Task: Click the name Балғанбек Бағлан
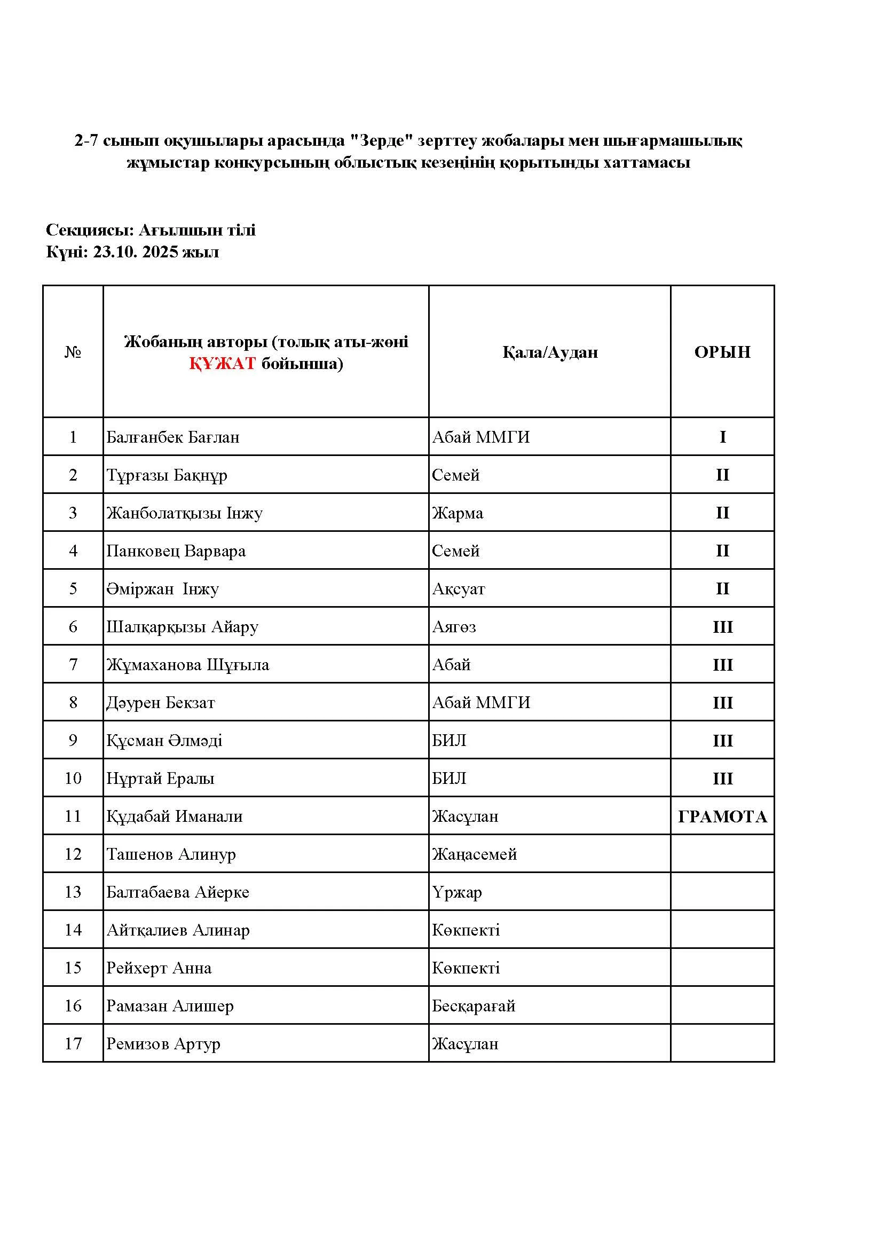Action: pos(172,437)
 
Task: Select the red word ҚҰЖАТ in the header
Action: pos(223,364)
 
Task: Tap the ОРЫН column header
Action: pos(722,352)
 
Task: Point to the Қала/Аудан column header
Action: pos(550,352)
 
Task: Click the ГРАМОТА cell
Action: pos(722,816)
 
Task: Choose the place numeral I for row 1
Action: pos(723,437)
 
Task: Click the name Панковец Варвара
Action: pos(176,551)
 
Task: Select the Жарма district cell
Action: pos(458,513)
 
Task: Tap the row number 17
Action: pos(73,1043)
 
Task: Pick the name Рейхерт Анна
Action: pos(159,968)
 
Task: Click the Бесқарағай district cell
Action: pos(473,1006)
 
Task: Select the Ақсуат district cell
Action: pos(458,589)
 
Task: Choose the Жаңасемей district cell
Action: pos(474,854)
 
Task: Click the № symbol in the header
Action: pos(73,352)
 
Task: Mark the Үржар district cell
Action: pos(457,892)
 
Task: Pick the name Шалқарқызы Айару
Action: pos(182,627)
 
